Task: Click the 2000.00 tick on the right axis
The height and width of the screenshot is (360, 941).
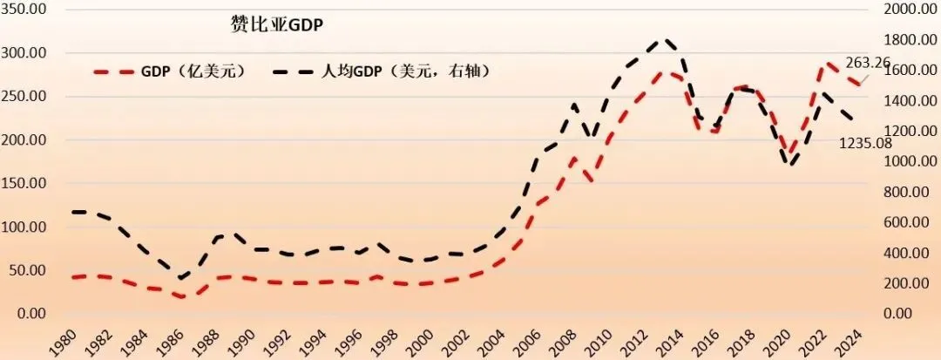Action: point(906,10)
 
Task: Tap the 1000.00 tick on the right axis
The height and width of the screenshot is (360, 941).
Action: point(906,162)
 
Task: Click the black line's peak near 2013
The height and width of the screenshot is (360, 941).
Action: point(666,40)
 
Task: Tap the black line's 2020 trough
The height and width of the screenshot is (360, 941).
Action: point(790,165)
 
